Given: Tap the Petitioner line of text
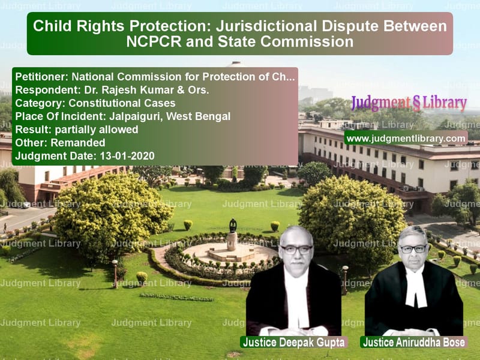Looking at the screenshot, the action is click(x=155, y=77).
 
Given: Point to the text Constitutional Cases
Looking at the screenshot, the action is click(x=122, y=103).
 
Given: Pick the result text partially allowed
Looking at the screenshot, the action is click(x=97, y=130).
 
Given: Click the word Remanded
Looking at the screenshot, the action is click(x=78, y=143).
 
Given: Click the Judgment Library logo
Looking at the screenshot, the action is click(x=409, y=103).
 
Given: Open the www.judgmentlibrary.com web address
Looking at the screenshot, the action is click(x=406, y=139).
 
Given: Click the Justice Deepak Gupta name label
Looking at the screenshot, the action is click(x=293, y=342).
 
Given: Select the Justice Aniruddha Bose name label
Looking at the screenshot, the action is click(x=414, y=342).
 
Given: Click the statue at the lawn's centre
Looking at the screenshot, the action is click(x=232, y=235).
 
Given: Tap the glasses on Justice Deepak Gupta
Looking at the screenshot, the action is click(x=296, y=250).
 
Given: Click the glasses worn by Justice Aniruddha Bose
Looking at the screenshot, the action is click(x=413, y=249).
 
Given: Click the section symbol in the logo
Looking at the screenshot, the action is click(x=416, y=104).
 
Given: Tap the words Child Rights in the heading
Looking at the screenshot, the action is click(x=79, y=26).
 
